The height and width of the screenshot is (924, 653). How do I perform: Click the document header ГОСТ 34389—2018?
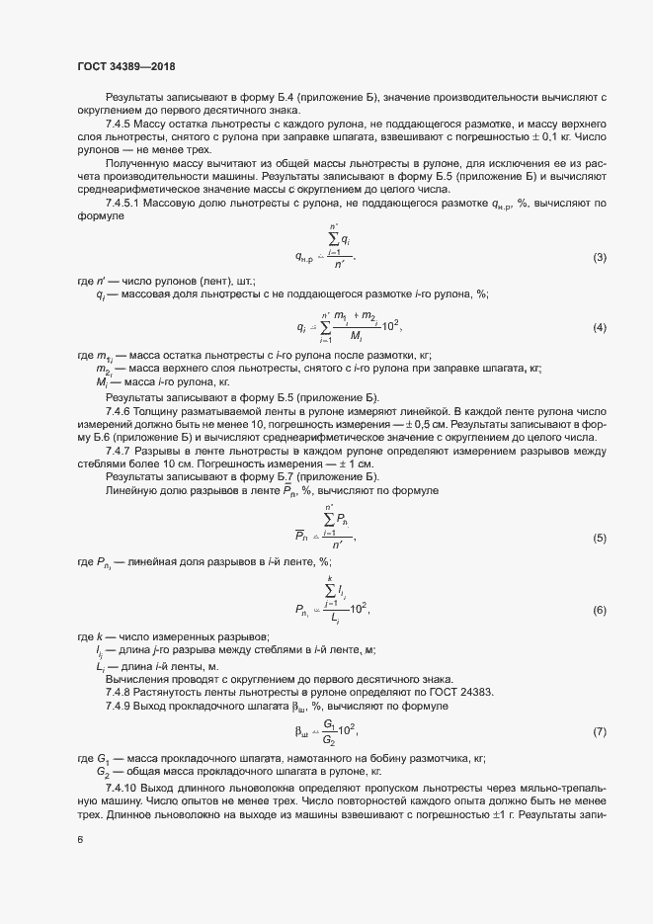(x=126, y=68)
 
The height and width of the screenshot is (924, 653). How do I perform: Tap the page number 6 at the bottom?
(x=79, y=841)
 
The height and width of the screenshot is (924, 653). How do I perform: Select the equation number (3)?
(x=599, y=258)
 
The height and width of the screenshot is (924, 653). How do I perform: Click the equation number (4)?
(x=599, y=327)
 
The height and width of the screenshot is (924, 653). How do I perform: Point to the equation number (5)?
(x=599, y=537)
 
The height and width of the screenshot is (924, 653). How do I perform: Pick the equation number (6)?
(x=599, y=609)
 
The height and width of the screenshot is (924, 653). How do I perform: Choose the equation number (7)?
(x=599, y=731)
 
